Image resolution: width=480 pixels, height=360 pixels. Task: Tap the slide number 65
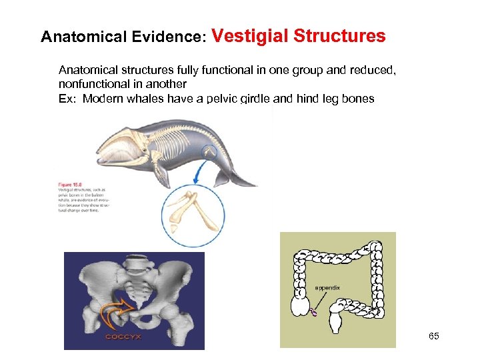433,337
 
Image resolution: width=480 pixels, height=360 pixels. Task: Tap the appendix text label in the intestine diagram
327,287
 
